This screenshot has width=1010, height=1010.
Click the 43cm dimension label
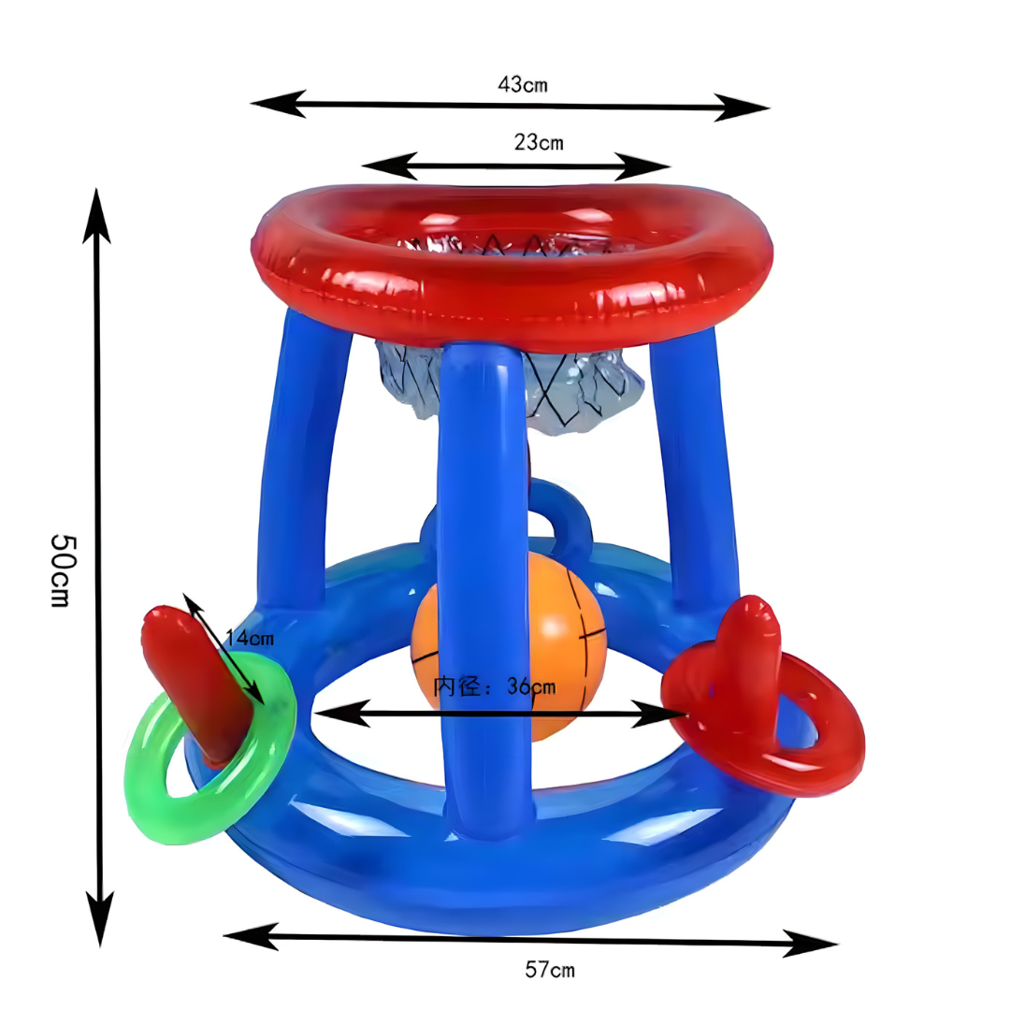[523, 84]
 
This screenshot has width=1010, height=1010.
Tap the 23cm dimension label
[539, 142]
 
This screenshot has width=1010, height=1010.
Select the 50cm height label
[65, 570]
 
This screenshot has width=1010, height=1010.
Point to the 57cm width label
[550, 970]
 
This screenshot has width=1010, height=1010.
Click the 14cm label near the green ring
[250, 639]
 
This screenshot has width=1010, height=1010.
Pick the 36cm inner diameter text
[495, 686]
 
